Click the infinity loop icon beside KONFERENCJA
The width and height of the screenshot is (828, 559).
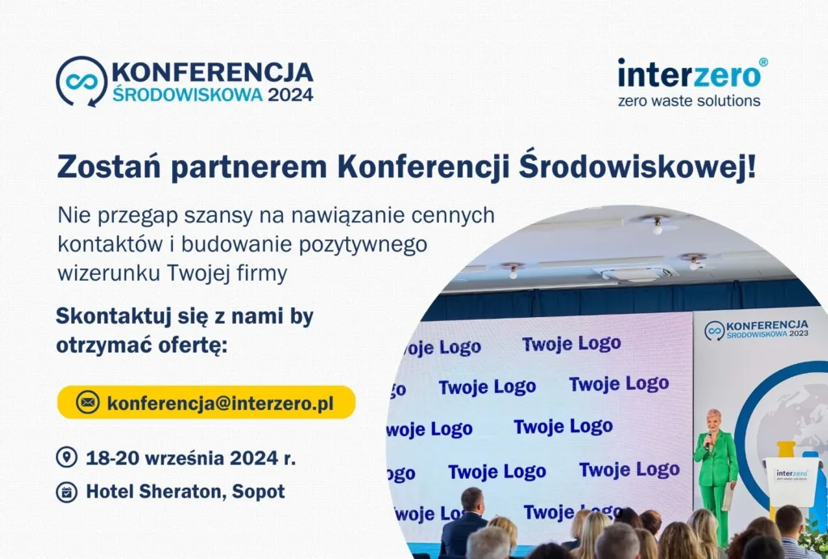82,81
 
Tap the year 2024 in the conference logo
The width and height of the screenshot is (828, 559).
290,94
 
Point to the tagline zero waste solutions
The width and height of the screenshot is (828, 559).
689,101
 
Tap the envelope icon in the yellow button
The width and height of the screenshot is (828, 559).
87,402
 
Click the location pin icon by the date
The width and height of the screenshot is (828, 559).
66,458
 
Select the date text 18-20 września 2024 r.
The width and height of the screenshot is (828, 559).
191,458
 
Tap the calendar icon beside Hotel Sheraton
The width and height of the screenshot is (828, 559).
66,491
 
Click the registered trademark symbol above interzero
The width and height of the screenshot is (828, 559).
763,62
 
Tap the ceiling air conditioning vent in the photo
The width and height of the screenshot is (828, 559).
634,273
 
